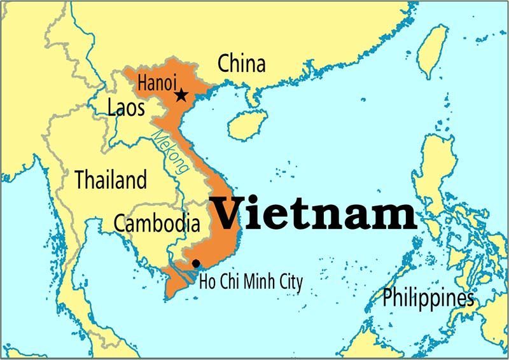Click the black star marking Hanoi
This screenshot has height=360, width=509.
(181, 95)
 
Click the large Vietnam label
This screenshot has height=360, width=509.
(314, 214)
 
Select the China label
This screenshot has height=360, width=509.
(241, 64)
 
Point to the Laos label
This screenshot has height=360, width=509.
(126, 107)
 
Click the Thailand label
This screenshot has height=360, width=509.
(111, 179)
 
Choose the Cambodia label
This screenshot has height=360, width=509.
(157, 223)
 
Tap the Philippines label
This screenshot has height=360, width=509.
(428, 297)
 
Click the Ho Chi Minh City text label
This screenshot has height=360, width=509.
(251, 281)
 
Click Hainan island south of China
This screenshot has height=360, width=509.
(245, 124)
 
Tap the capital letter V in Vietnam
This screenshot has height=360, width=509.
(226, 214)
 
